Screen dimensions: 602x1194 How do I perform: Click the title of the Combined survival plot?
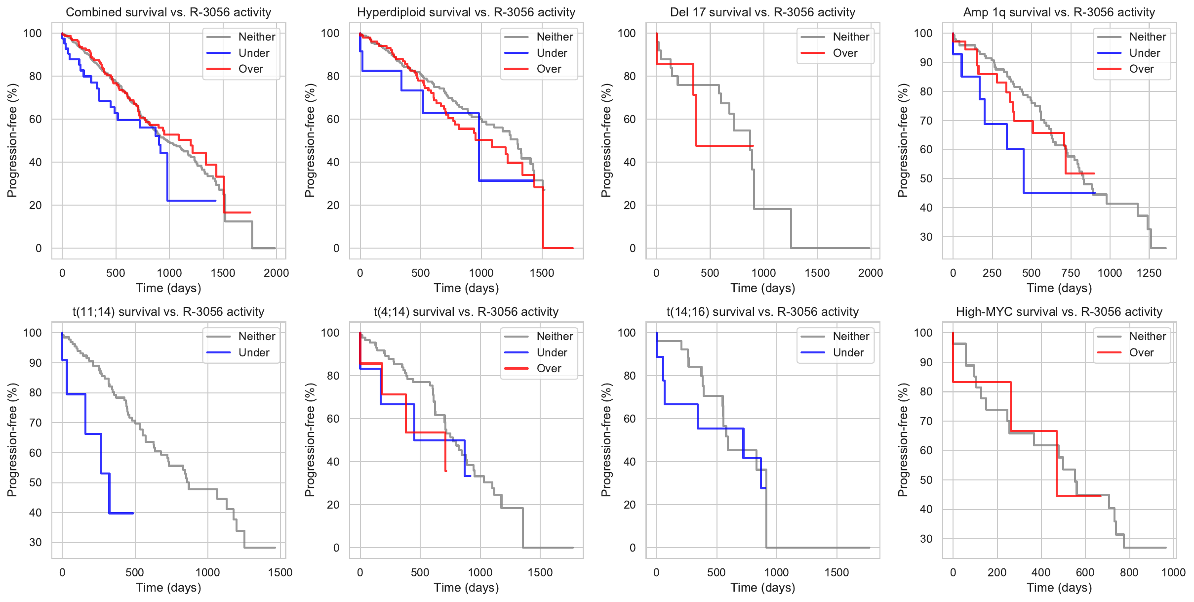tap(168, 12)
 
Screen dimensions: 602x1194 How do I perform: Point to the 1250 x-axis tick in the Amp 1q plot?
tap(1149, 273)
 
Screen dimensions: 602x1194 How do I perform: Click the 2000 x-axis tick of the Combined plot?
tap(276, 273)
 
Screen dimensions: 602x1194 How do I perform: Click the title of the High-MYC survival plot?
tap(1059, 312)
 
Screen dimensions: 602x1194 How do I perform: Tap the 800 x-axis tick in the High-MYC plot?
tap(1129, 572)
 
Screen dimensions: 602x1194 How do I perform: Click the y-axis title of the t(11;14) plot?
tap(12, 440)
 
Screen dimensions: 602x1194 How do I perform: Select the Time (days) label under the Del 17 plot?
tap(762, 288)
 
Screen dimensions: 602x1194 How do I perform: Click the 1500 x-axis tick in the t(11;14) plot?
tap(280, 572)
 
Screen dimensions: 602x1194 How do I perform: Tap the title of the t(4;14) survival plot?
tap(466, 312)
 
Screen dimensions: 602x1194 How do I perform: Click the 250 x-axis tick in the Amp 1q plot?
tap(992, 273)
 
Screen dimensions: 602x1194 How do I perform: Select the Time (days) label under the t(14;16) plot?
tap(762, 588)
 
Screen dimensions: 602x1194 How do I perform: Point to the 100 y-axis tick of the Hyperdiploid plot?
tap(330, 33)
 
